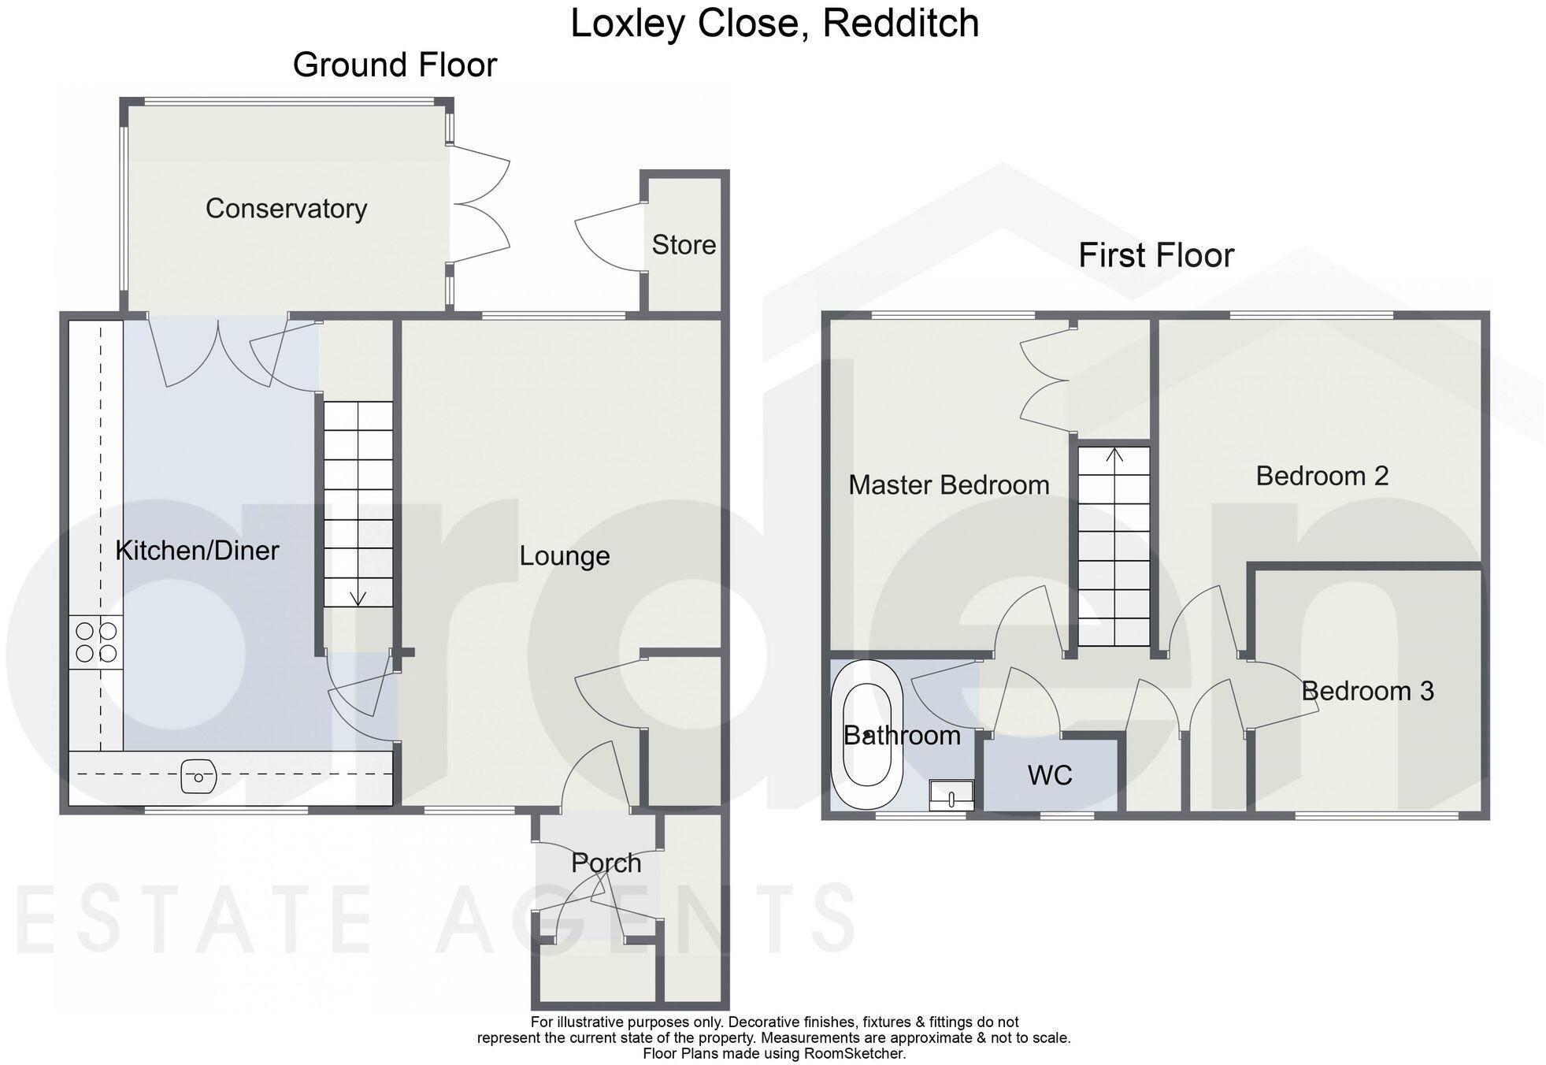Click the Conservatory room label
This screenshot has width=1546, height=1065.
coord(286,209)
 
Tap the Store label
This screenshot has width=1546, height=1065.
coord(684,245)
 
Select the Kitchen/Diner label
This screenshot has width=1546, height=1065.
coord(197,550)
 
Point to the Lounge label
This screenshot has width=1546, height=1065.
coord(565,556)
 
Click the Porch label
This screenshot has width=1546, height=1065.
coord(606,863)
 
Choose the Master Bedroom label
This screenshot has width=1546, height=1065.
coord(948,484)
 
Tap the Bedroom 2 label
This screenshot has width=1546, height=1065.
coord(1322,476)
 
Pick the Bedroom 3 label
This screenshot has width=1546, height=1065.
coord(1367,691)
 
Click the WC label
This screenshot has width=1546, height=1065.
coord(1050,775)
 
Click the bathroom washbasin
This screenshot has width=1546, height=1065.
coord(951,795)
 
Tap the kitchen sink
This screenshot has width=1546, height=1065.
coord(198,777)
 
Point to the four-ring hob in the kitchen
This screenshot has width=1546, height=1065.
coord(96,642)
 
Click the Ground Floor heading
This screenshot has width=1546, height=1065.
coord(395,65)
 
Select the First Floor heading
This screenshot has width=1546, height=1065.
coord(1155,255)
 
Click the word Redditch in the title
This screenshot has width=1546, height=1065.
coord(900,23)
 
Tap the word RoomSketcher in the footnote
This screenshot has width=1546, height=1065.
coord(854,1053)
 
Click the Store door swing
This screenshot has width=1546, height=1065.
coord(606,236)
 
